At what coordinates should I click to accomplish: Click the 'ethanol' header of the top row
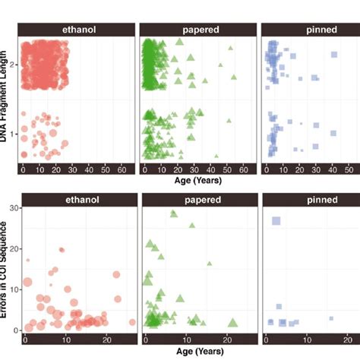point(78,29)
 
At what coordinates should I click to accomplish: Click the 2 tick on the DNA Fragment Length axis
point(15,65)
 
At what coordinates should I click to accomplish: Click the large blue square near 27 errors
point(276,221)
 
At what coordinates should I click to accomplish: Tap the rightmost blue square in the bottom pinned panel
point(331,318)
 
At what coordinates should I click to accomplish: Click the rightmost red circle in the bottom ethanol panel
point(132,322)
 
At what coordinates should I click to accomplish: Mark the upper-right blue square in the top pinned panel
point(333,55)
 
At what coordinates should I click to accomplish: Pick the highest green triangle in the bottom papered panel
point(173,213)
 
